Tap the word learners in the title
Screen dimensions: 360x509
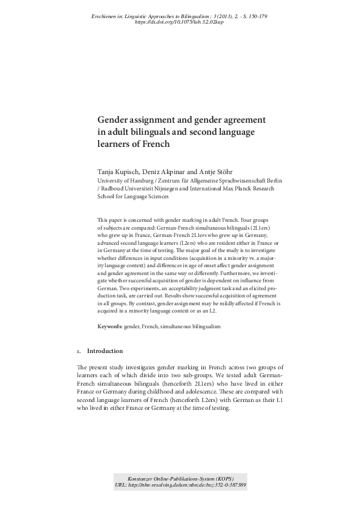pos(114,144)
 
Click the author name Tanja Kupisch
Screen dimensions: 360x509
pos(119,171)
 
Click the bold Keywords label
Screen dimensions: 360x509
pos(110,326)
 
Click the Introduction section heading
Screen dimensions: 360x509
pos(105,351)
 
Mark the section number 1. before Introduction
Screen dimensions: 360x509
pos(79,351)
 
